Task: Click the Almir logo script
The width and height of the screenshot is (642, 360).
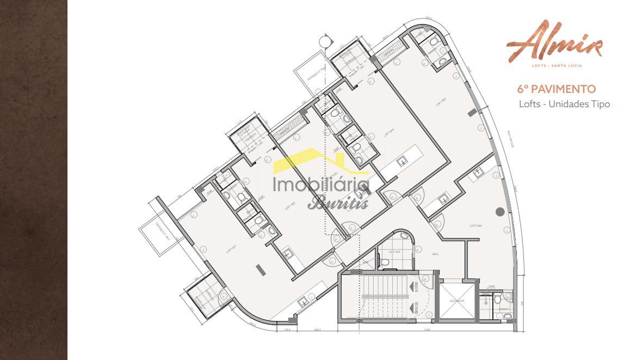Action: [x=554, y=41]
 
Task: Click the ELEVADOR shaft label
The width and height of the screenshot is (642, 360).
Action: [x=456, y=300]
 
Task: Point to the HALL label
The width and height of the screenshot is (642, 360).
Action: [x=435, y=253]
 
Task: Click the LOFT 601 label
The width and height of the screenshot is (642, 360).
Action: [x=230, y=250]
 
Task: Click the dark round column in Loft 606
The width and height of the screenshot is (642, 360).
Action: [x=500, y=212]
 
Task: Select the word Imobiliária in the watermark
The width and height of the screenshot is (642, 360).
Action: [x=321, y=185]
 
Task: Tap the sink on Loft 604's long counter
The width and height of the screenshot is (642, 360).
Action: [x=403, y=160]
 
